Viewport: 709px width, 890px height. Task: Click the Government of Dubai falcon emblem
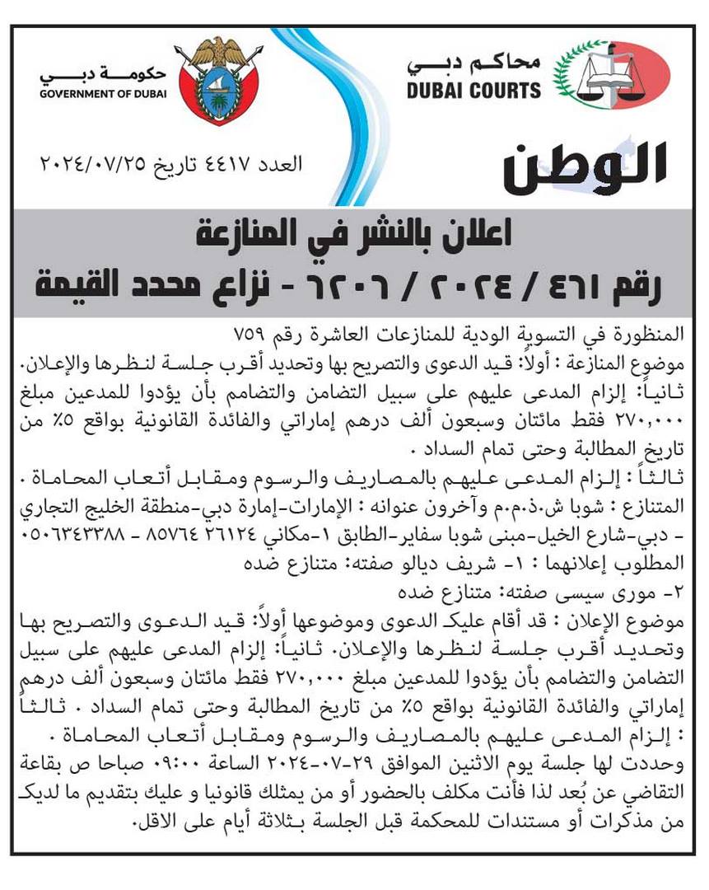(x=217, y=80)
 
